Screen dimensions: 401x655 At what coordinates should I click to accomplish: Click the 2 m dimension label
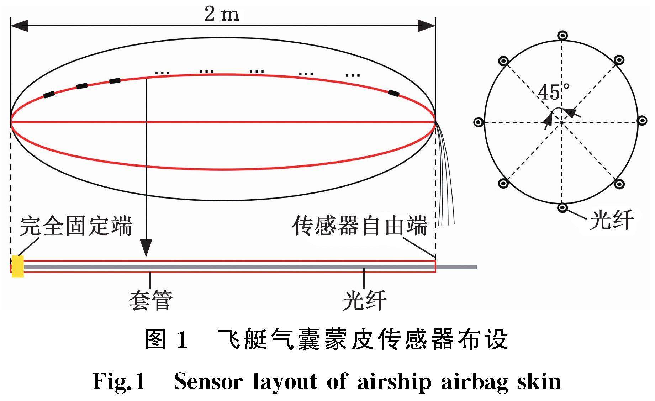click(x=222, y=14)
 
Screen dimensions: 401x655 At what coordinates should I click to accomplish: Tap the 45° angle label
click(x=553, y=92)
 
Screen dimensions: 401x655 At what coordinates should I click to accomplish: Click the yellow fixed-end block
click(x=17, y=266)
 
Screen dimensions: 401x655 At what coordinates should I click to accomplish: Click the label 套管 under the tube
click(x=150, y=300)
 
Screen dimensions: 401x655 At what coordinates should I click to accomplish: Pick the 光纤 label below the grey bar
click(x=364, y=300)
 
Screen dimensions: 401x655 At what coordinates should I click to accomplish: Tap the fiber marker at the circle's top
click(x=562, y=36)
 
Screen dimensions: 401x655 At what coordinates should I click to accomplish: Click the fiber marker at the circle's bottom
click(x=562, y=207)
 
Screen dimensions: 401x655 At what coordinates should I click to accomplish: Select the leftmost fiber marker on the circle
click(x=479, y=122)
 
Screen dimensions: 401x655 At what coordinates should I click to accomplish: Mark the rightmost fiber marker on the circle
click(x=642, y=121)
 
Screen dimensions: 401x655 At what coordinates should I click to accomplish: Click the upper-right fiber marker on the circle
click(x=619, y=60)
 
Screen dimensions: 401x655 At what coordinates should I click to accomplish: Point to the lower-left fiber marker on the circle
click(x=503, y=184)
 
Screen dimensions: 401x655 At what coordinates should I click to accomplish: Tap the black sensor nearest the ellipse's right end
click(x=393, y=94)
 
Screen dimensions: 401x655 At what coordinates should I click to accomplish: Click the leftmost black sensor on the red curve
click(x=49, y=94)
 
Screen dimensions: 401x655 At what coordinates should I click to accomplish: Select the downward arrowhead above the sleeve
click(x=146, y=248)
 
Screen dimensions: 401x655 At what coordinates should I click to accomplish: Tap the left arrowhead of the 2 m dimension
click(x=20, y=25)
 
